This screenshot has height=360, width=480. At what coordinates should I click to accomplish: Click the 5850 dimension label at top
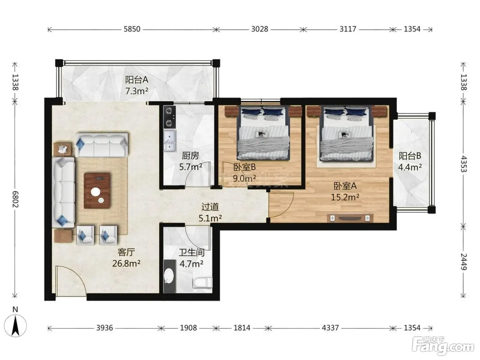(x=132, y=29)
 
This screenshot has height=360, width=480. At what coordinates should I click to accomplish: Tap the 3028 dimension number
(x=260, y=29)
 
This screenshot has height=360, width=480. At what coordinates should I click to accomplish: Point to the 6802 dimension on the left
(x=15, y=199)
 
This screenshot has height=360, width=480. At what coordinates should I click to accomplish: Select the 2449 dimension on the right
(x=464, y=262)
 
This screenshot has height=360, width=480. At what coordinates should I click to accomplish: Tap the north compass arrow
(x=15, y=326)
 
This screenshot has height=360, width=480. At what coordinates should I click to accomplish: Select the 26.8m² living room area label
(x=126, y=264)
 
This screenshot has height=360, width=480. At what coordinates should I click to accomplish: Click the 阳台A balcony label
(x=137, y=80)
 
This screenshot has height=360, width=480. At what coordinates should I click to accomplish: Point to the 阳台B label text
(x=410, y=156)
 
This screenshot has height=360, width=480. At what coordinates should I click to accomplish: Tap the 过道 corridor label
(x=210, y=207)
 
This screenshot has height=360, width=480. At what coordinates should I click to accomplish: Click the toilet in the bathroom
(x=203, y=283)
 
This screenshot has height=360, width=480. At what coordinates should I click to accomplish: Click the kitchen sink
(x=170, y=141)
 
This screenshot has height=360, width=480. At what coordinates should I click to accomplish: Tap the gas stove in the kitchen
(x=169, y=117)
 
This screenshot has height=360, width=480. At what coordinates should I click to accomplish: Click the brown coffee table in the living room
(x=97, y=191)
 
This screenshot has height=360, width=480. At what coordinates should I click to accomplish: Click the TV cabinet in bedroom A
(x=350, y=218)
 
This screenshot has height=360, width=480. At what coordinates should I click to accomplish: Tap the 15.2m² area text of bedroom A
(x=345, y=197)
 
